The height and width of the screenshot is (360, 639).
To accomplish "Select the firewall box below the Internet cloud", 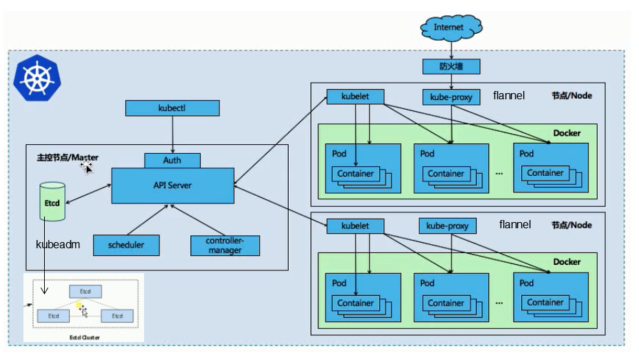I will (451, 66).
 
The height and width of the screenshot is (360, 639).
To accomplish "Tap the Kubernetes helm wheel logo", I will (36, 77).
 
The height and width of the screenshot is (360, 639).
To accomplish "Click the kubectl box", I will (172, 108).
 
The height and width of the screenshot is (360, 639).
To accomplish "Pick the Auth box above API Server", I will (172, 160).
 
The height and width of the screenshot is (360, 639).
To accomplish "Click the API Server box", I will (172, 186).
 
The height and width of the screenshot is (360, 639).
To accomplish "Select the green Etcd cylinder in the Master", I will (52, 201).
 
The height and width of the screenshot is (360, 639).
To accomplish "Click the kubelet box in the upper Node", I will (355, 97).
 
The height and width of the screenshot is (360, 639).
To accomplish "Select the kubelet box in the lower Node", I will (355, 226).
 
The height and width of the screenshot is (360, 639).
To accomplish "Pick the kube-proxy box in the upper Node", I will (451, 97).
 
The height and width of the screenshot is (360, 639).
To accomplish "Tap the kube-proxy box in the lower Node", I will (447, 226).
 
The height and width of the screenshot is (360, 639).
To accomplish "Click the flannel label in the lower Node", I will (515, 224).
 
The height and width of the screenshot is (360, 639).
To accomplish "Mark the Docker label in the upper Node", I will (567, 133).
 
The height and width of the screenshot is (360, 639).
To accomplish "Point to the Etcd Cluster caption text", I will (85, 337).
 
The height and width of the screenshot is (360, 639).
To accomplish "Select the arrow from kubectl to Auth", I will (172, 134).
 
